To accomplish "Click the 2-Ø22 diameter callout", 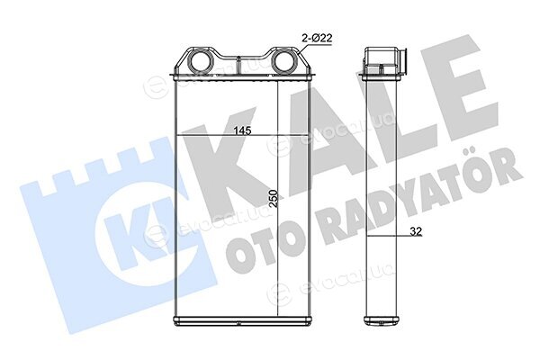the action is [x=317, y=38].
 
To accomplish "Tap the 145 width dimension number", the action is [x=242, y=130].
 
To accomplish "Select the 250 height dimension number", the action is [x=273, y=198].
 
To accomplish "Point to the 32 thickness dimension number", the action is [x=416, y=231].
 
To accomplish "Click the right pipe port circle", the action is [x=286, y=61].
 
